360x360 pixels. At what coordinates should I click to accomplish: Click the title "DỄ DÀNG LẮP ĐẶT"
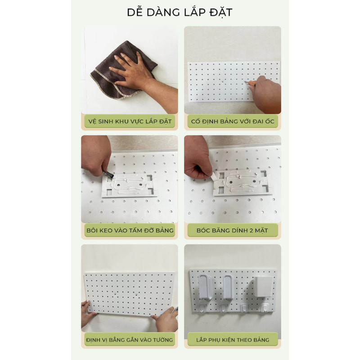(x=180, y=12)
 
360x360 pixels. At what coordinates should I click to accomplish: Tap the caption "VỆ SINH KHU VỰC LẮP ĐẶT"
(x=130, y=121)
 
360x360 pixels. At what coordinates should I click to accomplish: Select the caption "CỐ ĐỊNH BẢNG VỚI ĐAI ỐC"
(x=233, y=121)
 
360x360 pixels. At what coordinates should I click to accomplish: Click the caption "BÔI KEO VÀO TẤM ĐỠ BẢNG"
(x=130, y=230)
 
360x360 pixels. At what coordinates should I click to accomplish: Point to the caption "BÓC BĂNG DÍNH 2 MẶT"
(x=232, y=230)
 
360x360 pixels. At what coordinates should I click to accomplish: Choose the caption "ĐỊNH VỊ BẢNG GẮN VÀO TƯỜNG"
(x=130, y=340)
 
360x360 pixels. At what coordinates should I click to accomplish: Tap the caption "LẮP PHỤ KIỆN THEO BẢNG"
(x=233, y=340)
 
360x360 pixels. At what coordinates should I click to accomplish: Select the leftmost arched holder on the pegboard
(x=205, y=287)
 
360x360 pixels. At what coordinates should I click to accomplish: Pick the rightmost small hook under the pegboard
(x=265, y=308)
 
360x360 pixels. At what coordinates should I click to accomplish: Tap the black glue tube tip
(x=108, y=174)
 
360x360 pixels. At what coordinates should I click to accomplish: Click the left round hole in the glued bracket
(x=118, y=185)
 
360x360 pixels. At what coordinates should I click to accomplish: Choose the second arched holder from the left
(x=229, y=287)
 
